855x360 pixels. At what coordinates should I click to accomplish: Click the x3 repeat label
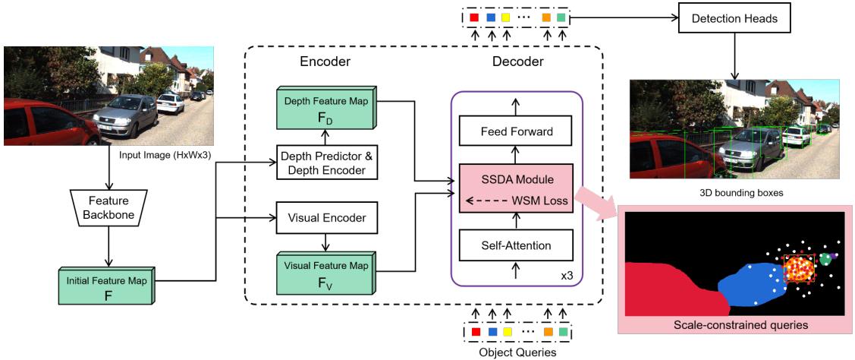(x=566, y=275)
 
